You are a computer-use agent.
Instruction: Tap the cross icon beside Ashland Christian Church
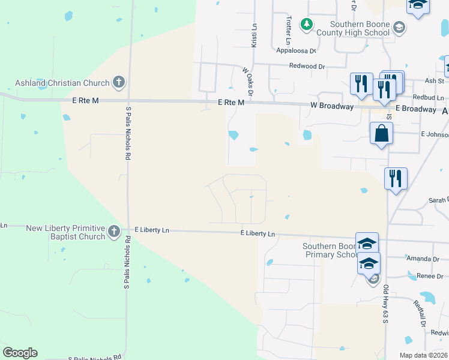click(x=119, y=83)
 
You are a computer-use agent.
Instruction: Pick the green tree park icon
click(x=307, y=24)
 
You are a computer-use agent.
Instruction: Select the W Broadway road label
click(x=331, y=106)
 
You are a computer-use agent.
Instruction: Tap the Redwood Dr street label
click(x=306, y=66)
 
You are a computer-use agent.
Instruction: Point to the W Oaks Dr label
click(x=248, y=82)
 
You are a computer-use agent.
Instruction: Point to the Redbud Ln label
click(x=428, y=97)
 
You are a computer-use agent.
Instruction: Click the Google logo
click(x=20, y=353)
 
